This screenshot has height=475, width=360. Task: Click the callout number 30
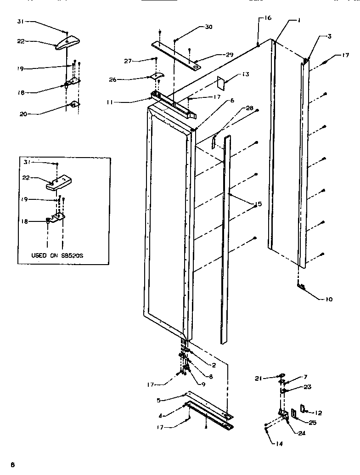tap(209, 27)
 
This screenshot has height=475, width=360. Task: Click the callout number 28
tap(249, 108)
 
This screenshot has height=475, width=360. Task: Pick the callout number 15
tap(259, 204)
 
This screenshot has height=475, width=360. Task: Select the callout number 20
tap(23, 114)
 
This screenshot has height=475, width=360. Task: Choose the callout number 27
tap(128, 60)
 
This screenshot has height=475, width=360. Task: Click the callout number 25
tap(312, 423)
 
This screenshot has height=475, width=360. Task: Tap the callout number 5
tap(158, 400)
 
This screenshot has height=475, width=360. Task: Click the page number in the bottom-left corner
tap(13, 465)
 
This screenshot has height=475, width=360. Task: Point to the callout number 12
tap(319, 413)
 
